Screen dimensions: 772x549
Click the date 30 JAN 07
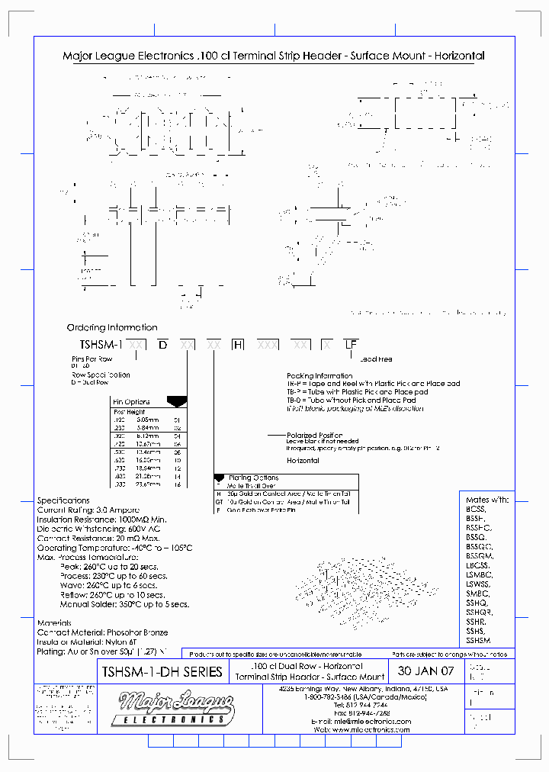point(425,671)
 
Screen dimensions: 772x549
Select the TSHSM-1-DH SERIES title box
point(162,671)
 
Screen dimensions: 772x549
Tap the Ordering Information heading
point(112,327)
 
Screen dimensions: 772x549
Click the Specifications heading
point(64,500)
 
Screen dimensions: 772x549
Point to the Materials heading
point(55,622)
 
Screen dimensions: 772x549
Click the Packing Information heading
point(319,375)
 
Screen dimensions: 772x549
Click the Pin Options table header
point(132,402)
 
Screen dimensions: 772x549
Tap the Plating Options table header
point(254,478)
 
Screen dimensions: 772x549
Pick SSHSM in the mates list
point(479,641)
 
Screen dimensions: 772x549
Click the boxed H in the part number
point(238,345)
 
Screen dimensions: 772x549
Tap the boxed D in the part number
point(162,345)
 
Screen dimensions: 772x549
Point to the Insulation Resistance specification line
point(101,519)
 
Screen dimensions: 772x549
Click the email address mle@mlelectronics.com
point(371,721)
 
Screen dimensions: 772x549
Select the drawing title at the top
point(273,56)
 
